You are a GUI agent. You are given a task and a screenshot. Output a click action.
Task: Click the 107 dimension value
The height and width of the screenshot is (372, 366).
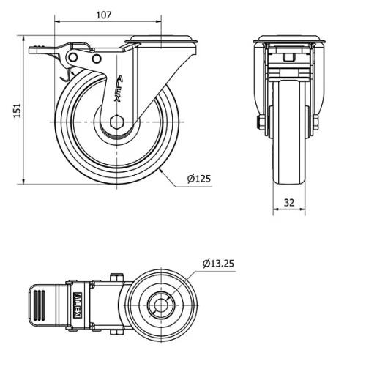(103, 14)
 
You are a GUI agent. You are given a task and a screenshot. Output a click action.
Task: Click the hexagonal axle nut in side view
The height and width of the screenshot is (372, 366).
(116, 124)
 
